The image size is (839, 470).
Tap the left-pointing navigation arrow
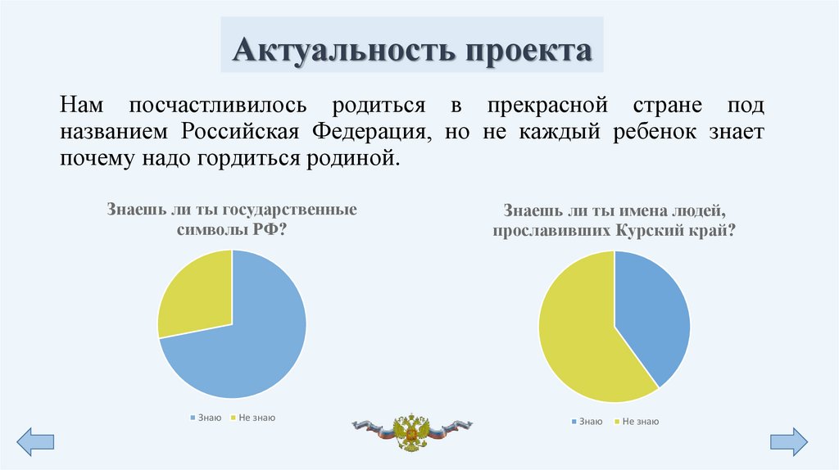coord(35,441)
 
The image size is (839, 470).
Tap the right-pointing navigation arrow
coord(788,441)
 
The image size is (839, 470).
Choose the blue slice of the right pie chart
coord(651,315)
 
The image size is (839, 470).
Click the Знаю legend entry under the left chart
coord(206,418)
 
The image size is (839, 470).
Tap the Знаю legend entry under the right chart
coord(587,422)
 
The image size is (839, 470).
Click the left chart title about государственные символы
coord(232,219)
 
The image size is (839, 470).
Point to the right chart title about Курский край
coord(614,220)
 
